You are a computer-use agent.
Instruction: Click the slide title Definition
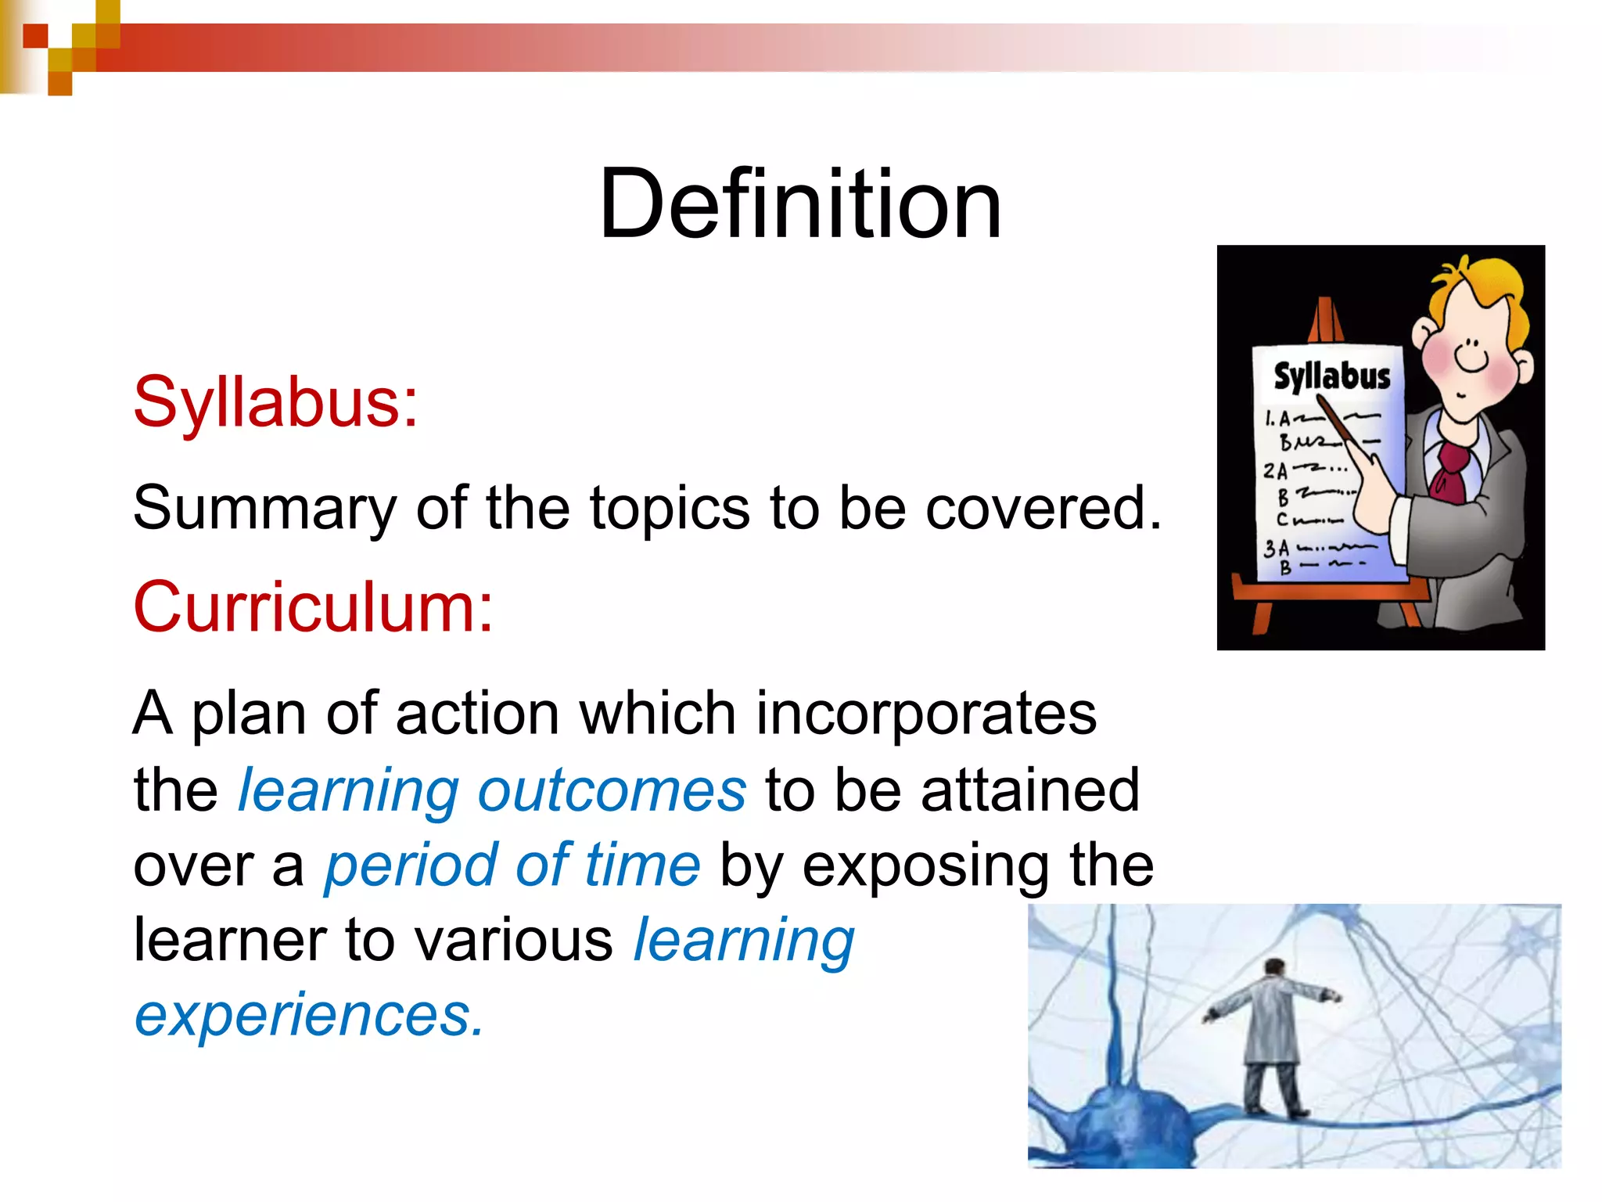pos(799,204)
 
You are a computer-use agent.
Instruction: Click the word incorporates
pos(926,714)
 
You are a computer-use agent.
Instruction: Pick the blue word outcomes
pos(612,790)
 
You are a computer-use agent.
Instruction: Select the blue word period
pos(411,866)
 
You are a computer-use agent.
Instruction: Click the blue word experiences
pos(309,1015)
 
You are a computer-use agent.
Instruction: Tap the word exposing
pos(926,866)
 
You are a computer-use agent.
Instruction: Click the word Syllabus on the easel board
pos(1331,376)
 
